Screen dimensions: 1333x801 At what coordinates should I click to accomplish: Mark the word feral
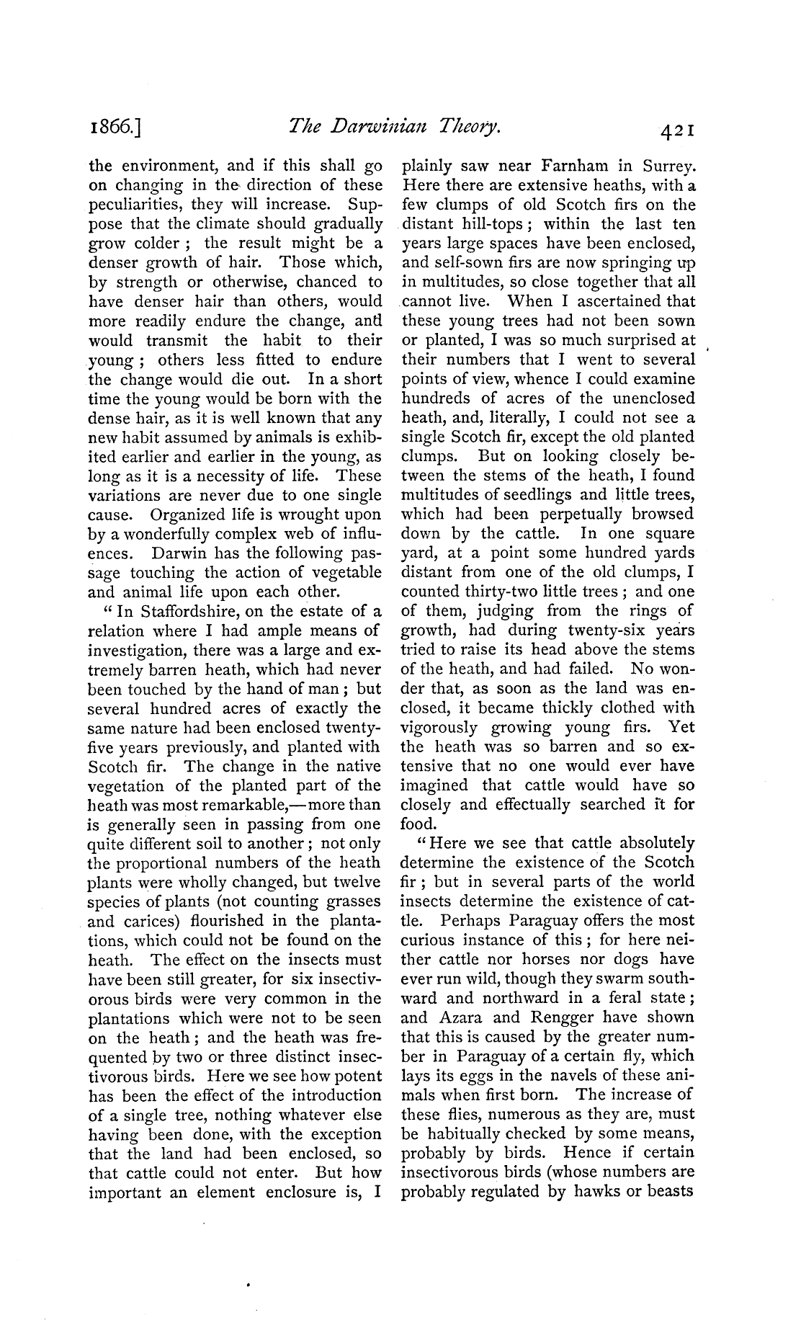pyautogui.click(x=615, y=997)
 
